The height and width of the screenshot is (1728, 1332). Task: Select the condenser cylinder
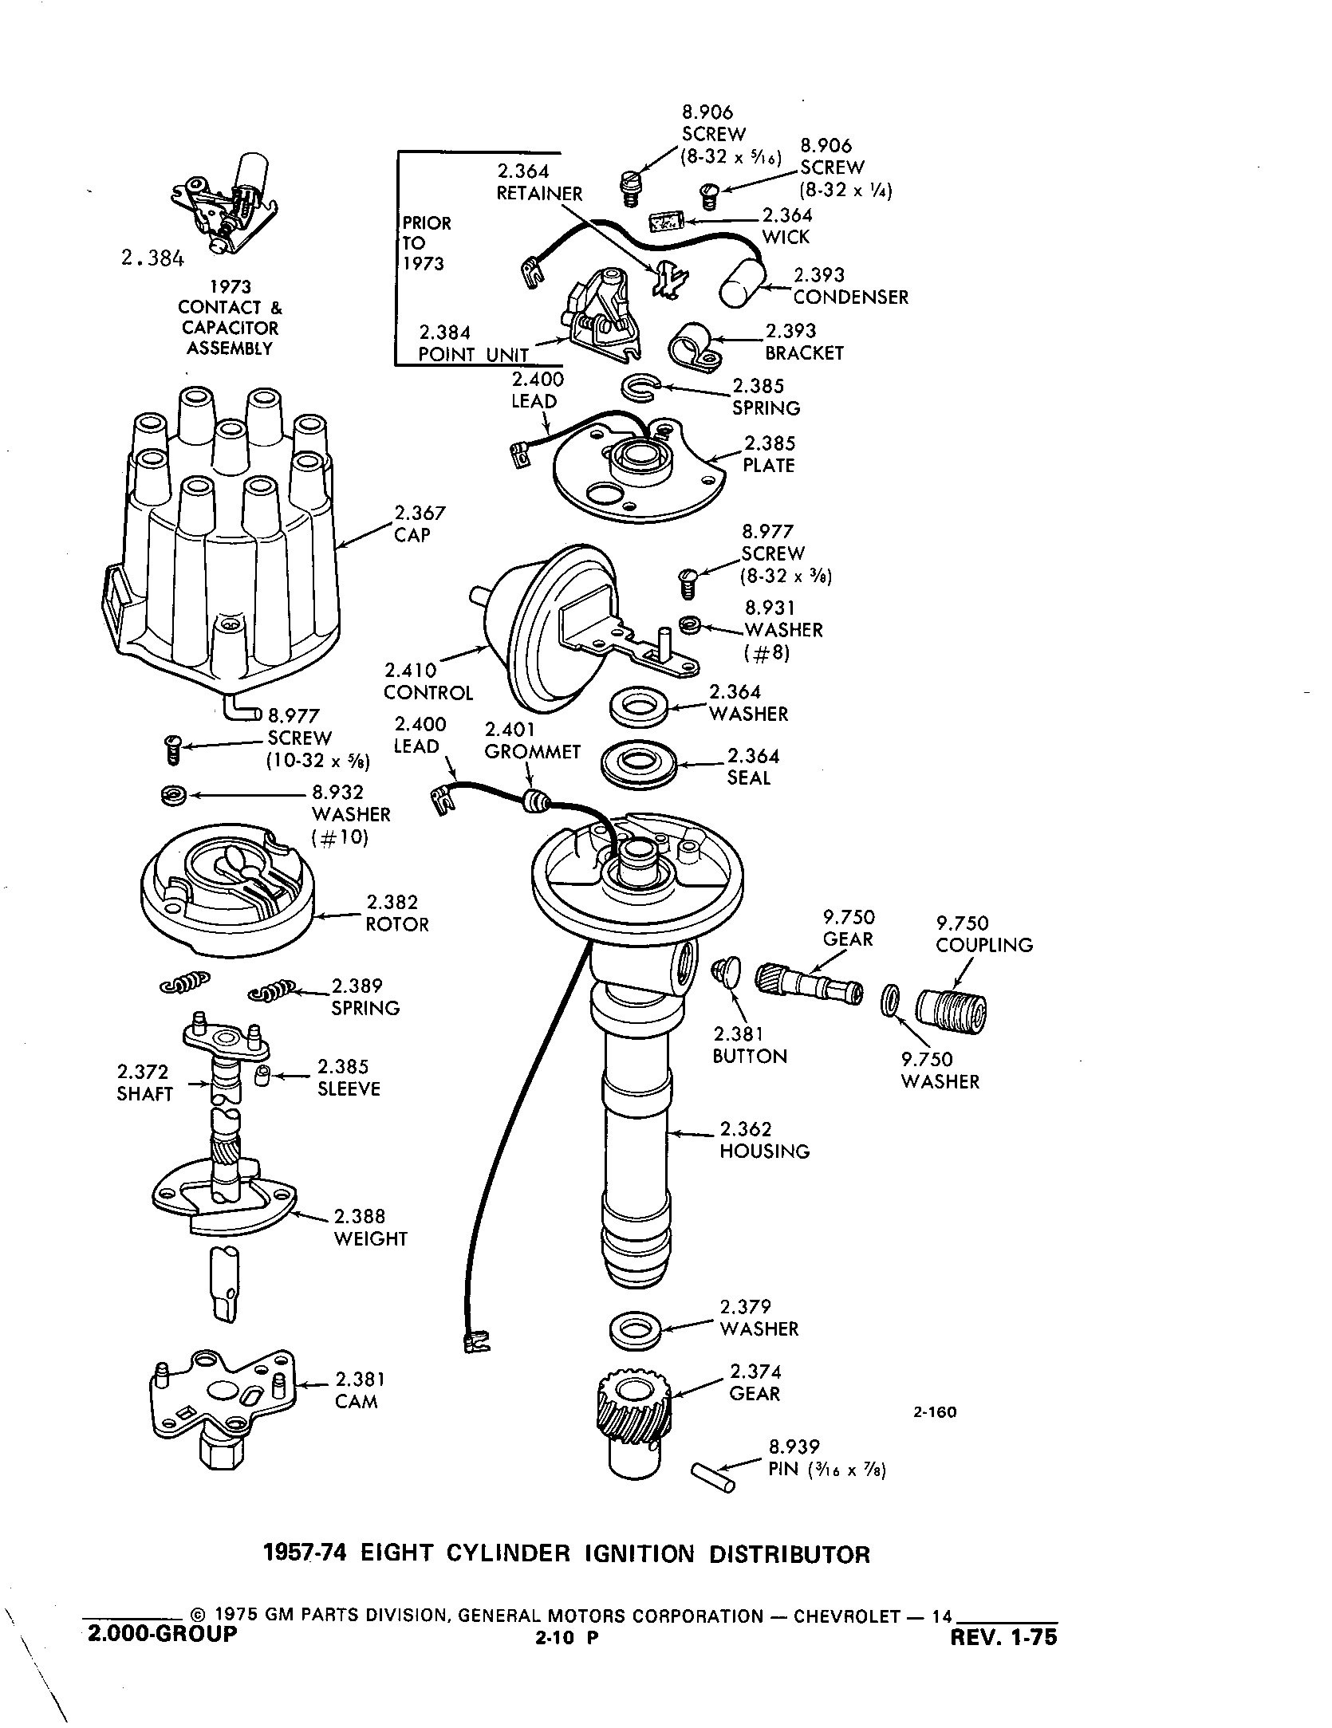click(x=743, y=283)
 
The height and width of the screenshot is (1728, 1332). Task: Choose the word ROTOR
click(x=397, y=925)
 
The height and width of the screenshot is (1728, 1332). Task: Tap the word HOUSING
click(x=764, y=1151)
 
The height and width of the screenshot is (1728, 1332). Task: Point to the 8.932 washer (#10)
click(x=172, y=795)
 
